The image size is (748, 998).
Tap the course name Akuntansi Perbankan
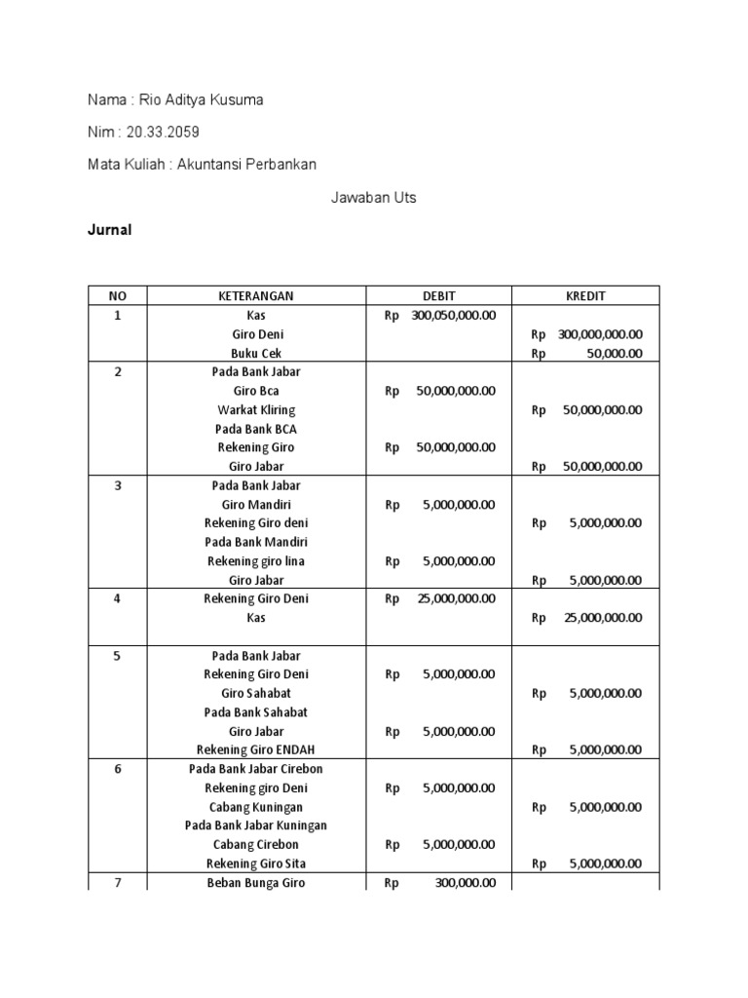tap(246, 165)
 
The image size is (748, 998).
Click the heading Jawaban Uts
tap(373, 198)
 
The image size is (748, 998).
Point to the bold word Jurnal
tap(110, 231)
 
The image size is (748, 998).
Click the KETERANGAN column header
tap(256, 296)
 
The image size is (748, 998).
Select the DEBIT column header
tap(438, 296)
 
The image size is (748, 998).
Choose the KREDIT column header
tap(586, 296)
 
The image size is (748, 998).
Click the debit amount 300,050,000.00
tap(453, 316)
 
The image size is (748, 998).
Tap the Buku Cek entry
tap(256, 354)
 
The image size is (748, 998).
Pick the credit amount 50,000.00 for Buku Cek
tap(614, 354)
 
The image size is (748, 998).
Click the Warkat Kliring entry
tap(256, 410)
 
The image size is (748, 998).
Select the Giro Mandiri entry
tap(256, 505)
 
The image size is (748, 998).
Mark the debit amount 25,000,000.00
tap(456, 599)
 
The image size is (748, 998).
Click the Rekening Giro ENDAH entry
tap(256, 750)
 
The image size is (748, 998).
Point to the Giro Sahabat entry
tap(256, 694)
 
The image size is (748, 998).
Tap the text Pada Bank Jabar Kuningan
tap(256, 825)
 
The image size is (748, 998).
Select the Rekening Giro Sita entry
tap(256, 864)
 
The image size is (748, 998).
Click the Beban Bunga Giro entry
tap(256, 883)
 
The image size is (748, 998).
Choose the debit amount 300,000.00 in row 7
tap(466, 883)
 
